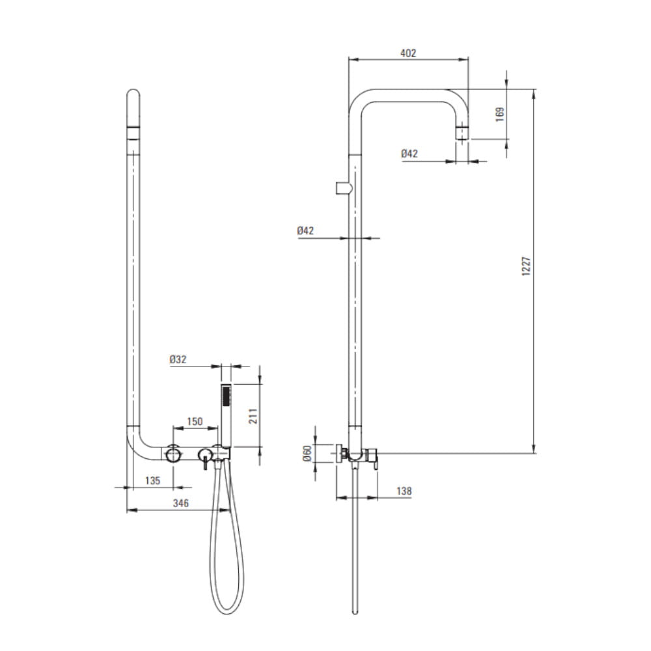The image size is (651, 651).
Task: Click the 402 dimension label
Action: (408, 53)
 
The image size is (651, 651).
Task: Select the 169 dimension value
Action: (500, 114)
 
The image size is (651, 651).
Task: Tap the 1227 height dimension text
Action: (525, 266)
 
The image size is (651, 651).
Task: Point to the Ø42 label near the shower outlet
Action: (409, 154)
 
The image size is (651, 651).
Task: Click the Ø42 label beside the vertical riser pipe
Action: (305, 230)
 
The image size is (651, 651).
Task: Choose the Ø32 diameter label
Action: (178, 359)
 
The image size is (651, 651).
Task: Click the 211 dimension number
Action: (253, 416)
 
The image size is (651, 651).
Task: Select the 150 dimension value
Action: (195, 421)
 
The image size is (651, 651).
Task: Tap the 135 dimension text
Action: (153, 480)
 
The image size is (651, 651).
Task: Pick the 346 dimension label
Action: (180, 503)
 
